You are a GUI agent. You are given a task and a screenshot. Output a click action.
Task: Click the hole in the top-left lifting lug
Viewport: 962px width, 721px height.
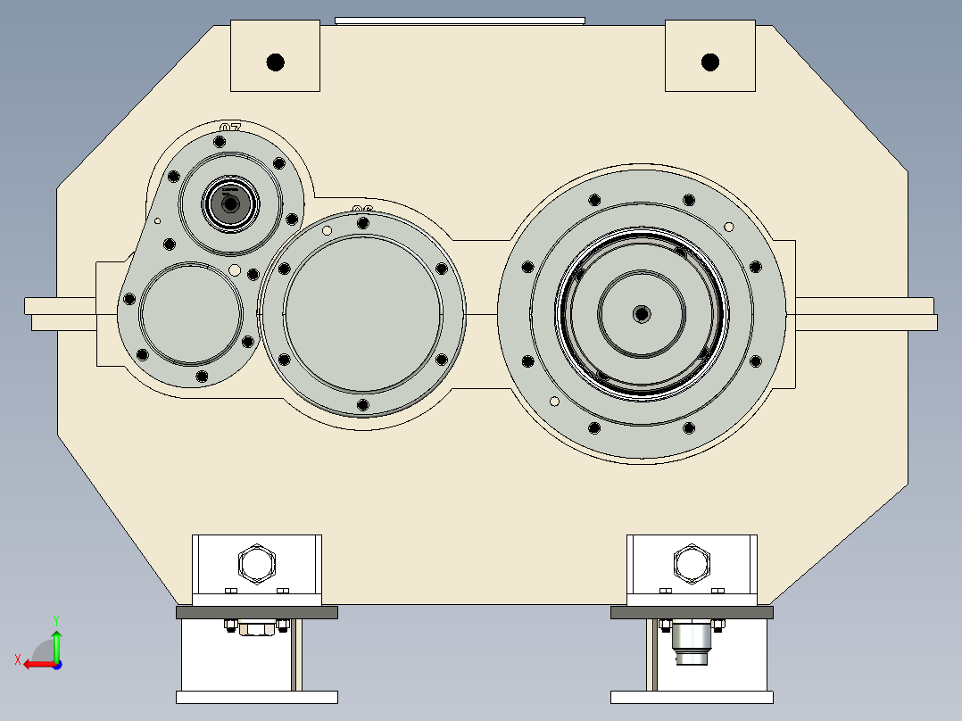tap(275, 62)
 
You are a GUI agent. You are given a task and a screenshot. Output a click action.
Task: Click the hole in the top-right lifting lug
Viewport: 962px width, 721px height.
tap(710, 62)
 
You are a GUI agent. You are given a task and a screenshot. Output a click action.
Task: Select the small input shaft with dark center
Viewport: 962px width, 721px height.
tap(231, 204)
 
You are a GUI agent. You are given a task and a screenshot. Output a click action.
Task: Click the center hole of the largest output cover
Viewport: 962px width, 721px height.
tap(642, 313)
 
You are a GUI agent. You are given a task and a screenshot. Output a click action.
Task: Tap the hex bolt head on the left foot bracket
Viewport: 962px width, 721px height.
tap(257, 564)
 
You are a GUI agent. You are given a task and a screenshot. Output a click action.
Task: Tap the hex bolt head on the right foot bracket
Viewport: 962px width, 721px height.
tap(692, 563)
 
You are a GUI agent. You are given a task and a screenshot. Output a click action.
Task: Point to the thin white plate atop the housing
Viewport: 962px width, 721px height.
tap(460, 20)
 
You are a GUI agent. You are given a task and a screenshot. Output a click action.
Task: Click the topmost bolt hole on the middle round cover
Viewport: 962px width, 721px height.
tap(362, 221)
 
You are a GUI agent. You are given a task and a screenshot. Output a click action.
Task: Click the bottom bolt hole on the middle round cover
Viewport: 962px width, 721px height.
tap(362, 405)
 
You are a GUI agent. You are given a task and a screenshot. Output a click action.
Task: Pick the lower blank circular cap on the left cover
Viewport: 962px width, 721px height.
tap(191, 313)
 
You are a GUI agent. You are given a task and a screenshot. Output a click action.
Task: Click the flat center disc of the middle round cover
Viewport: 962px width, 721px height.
tap(362, 313)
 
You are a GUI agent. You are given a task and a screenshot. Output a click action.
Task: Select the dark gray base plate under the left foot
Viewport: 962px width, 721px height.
tap(257, 612)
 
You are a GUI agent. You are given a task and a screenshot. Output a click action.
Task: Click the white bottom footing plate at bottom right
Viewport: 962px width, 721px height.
tap(692, 697)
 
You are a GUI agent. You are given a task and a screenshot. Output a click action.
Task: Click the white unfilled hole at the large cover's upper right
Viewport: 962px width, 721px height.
tap(729, 226)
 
